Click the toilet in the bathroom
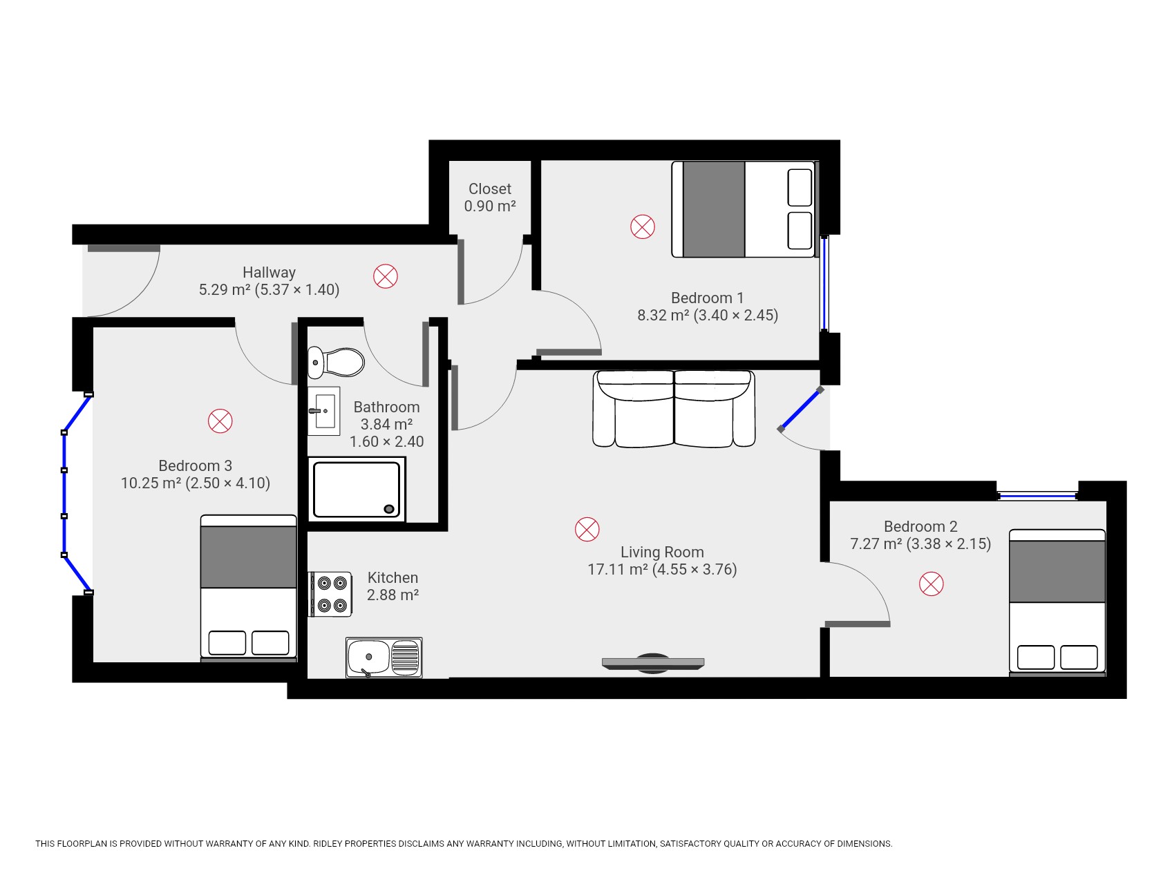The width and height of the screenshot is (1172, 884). point(337,361)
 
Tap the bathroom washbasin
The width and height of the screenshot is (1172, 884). point(323,411)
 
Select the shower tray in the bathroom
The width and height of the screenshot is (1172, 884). point(356,490)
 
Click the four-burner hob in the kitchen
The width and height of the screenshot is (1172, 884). point(330,594)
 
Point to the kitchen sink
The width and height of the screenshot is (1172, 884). point(384,657)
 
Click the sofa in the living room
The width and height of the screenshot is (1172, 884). point(674,409)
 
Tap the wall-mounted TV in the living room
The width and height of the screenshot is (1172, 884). point(652,663)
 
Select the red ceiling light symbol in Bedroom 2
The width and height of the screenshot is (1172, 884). point(931,584)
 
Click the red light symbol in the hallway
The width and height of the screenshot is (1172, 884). point(386,276)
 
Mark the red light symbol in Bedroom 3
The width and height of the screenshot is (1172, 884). point(220,421)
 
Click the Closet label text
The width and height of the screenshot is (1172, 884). point(489,189)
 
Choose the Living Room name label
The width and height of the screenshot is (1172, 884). point(661,552)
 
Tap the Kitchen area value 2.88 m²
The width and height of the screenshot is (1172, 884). point(393,595)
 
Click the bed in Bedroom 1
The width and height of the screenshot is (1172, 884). point(743,209)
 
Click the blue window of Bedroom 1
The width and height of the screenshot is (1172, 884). point(824,283)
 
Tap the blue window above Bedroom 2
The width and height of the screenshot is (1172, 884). point(1037,495)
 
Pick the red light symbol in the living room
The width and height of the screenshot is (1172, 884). point(587,529)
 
